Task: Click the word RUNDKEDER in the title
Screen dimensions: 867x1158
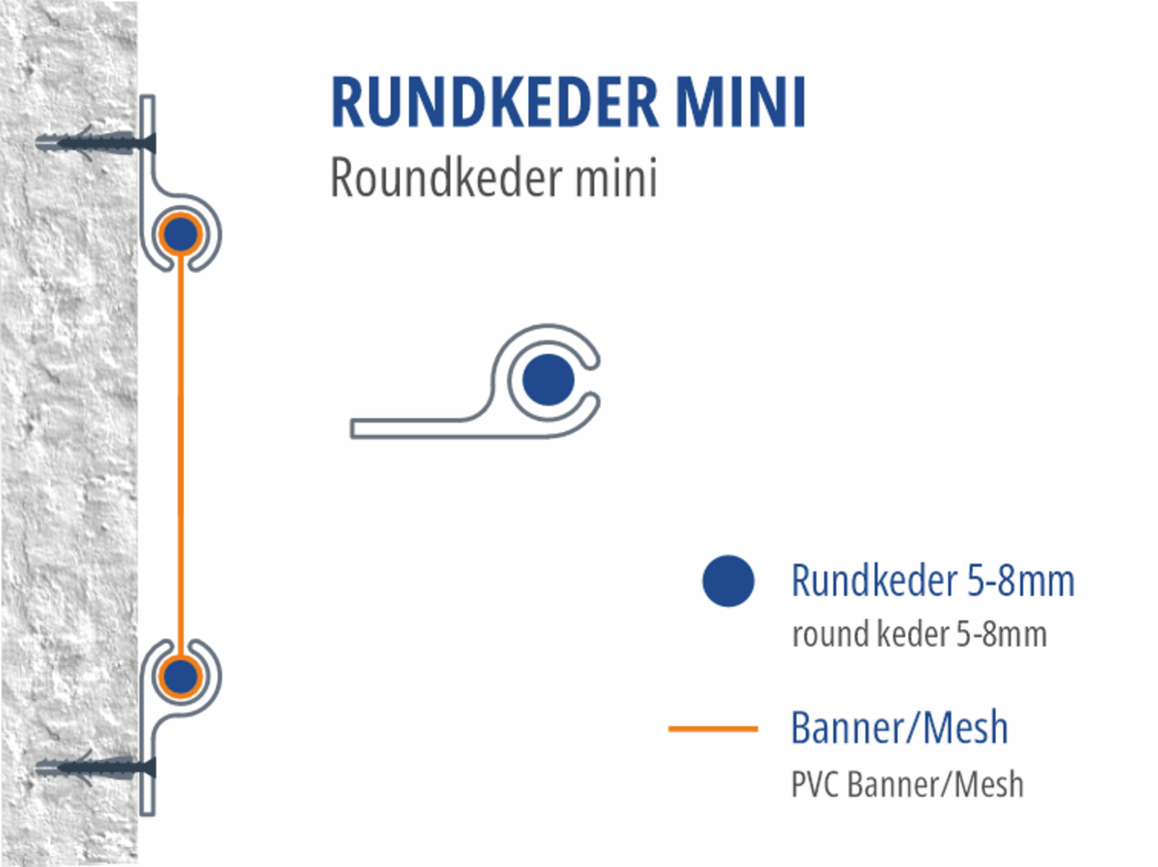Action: click(494, 103)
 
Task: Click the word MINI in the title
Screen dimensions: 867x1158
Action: click(740, 103)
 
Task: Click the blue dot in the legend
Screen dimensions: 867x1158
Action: click(728, 581)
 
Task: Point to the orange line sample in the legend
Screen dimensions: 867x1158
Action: click(713, 728)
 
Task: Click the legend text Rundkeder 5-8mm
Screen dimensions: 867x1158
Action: click(933, 581)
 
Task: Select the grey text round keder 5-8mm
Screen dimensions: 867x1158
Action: click(919, 634)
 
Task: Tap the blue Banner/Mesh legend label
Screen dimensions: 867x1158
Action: click(899, 728)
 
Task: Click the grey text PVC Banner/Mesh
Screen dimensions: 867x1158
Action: click(907, 785)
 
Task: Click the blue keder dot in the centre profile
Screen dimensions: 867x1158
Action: click(548, 379)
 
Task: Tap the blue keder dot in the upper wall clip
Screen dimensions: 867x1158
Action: click(180, 234)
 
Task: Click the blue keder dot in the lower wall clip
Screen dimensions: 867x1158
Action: click(180, 677)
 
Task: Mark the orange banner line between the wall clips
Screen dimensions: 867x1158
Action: click(181, 455)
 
